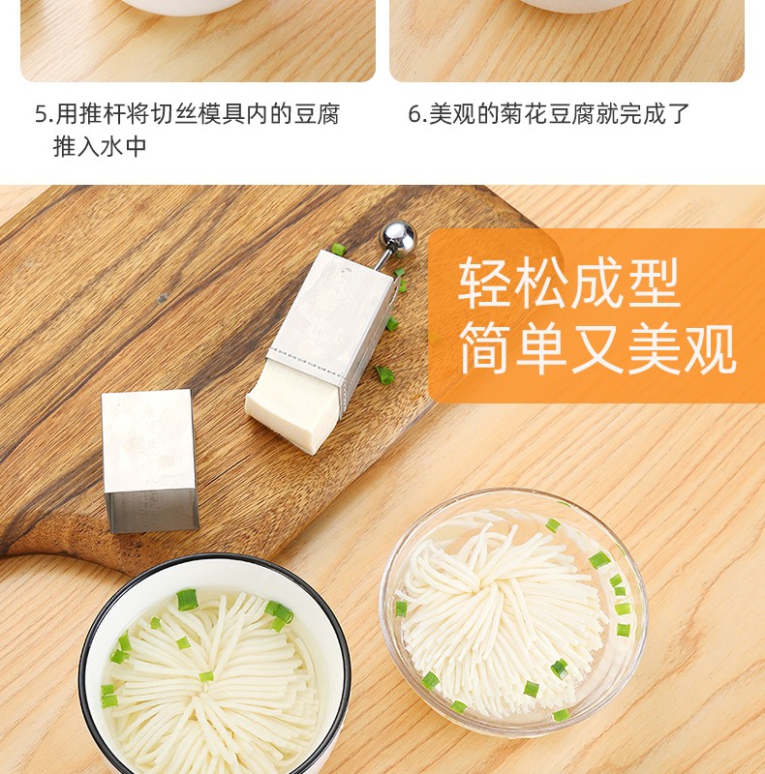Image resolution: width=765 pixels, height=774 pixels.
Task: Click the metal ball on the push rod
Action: pyautogui.click(x=397, y=237)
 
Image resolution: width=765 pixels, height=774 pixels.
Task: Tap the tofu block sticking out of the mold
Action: pyautogui.click(x=291, y=405)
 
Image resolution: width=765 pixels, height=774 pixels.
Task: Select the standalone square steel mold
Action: pyautogui.click(x=150, y=461)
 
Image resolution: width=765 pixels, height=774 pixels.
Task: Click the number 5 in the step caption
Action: pyautogui.click(x=41, y=114)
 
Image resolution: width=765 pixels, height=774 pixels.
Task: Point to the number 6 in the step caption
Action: pyautogui.click(x=414, y=114)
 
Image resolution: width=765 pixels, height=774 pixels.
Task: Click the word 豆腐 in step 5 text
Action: pyautogui.click(x=318, y=113)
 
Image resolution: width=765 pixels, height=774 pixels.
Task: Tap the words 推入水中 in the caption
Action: pyautogui.click(x=100, y=146)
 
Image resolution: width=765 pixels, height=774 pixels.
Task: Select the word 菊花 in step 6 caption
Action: pyautogui.click(x=523, y=113)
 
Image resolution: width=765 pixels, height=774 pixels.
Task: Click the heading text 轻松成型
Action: pyautogui.click(x=569, y=283)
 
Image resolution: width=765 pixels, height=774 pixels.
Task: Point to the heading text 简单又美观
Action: pyautogui.click(x=598, y=347)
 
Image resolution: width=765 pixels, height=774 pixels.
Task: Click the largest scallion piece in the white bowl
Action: pyautogui.click(x=187, y=600)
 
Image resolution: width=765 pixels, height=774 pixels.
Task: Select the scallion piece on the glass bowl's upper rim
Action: pyautogui.click(x=553, y=525)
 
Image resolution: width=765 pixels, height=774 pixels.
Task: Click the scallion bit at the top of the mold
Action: pyautogui.click(x=339, y=249)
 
